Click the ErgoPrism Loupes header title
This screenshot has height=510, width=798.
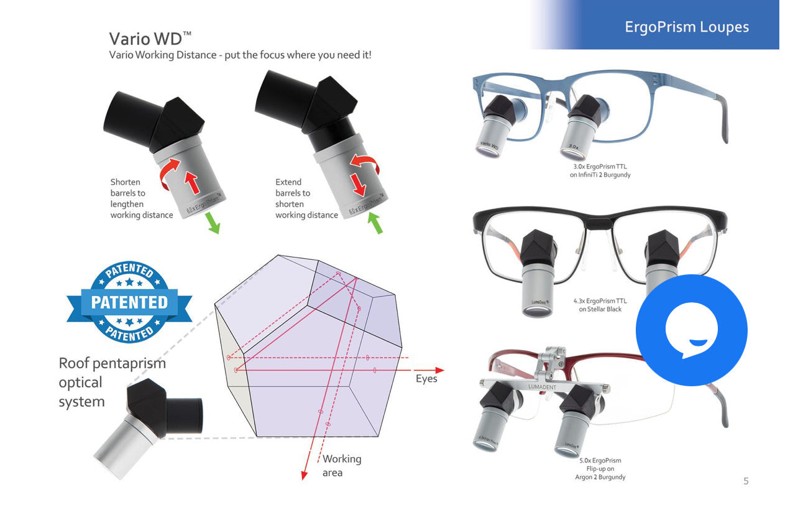click(x=686, y=27)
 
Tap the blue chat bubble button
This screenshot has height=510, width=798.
click(x=691, y=330)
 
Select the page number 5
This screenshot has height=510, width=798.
click(x=746, y=481)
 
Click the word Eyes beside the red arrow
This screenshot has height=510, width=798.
click(x=426, y=379)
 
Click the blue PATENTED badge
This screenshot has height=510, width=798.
click(x=129, y=302)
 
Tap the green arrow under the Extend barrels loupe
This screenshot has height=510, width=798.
click(x=375, y=223)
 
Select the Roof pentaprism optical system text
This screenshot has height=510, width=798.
click(x=112, y=382)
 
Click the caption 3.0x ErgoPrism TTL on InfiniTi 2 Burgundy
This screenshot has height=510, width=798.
click(x=600, y=170)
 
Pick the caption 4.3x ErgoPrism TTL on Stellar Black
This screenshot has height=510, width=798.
click(x=600, y=305)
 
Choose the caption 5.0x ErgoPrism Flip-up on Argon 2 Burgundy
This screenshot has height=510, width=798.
click(x=600, y=468)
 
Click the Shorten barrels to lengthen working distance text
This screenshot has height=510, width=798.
click(x=141, y=198)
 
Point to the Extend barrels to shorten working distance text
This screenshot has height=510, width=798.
click(x=306, y=198)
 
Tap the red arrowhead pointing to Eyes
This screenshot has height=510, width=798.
click(x=439, y=370)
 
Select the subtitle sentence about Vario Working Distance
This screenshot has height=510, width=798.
click(x=240, y=55)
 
